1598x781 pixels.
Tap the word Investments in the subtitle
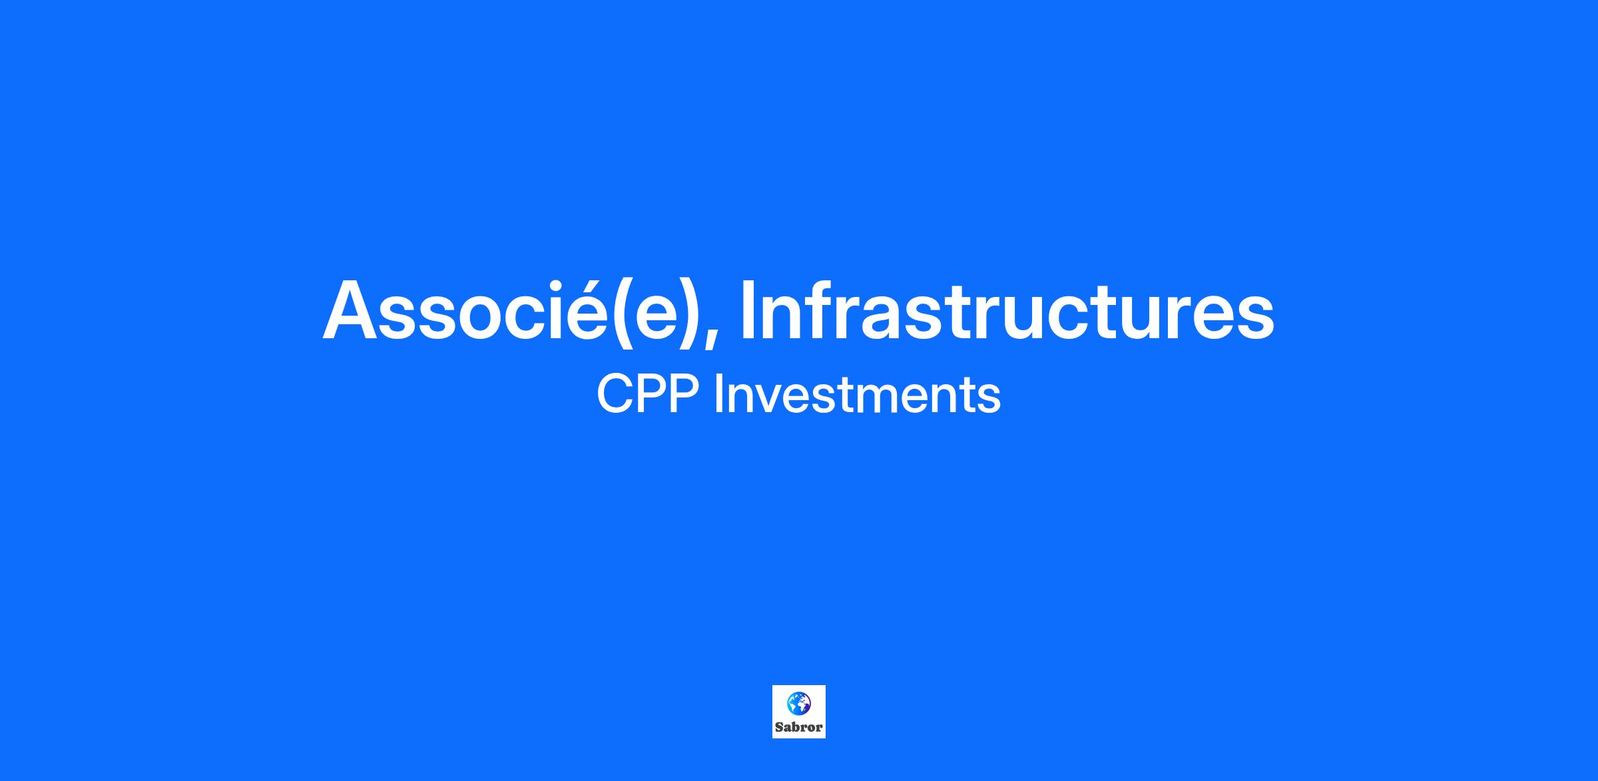tap(857, 394)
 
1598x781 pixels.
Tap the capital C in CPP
tap(614, 394)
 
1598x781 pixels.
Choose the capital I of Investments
tap(718, 394)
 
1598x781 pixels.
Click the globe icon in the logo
tap(799, 702)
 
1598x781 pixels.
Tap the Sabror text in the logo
tap(799, 727)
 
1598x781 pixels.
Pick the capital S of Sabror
tap(780, 727)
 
